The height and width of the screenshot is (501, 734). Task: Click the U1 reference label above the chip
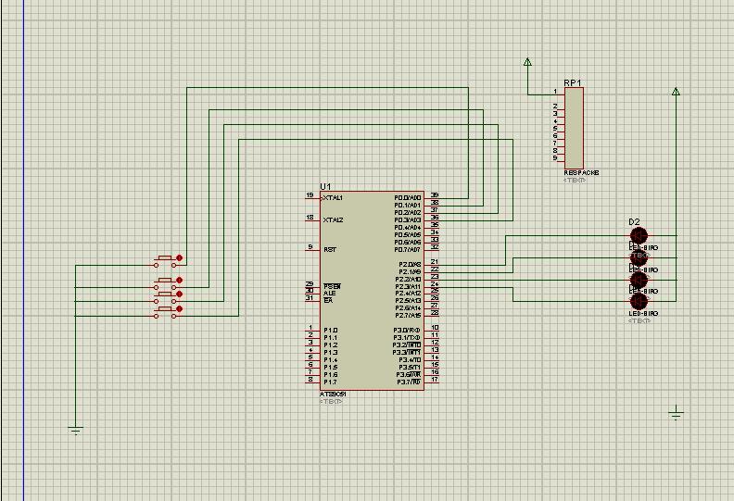tap(324, 186)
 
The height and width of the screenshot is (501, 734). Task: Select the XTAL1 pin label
tap(332, 198)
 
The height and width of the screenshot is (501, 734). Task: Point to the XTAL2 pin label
tap(332, 220)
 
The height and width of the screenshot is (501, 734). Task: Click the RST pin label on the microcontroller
tap(329, 250)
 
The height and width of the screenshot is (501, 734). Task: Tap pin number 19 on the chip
tap(310, 195)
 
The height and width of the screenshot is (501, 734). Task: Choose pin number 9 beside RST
tap(310, 247)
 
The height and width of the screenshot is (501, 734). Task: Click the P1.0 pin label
tap(330, 331)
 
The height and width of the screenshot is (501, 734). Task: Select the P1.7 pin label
tap(330, 382)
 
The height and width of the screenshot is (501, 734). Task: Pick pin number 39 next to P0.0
tap(435, 195)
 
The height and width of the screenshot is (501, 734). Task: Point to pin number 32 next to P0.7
tap(435, 246)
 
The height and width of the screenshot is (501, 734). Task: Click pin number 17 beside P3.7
tap(435, 380)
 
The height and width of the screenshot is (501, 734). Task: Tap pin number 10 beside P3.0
tap(435, 328)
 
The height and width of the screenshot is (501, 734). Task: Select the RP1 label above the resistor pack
tap(572, 82)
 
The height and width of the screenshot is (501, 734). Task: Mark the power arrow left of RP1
tap(527, 63)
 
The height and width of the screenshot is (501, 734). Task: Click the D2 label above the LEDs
tap(634, 222)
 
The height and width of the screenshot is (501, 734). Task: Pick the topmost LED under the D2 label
tap(639, 236)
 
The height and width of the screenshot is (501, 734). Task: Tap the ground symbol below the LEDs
tap(676, 413)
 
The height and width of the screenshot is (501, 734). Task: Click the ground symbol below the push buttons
tap(75, 430)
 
